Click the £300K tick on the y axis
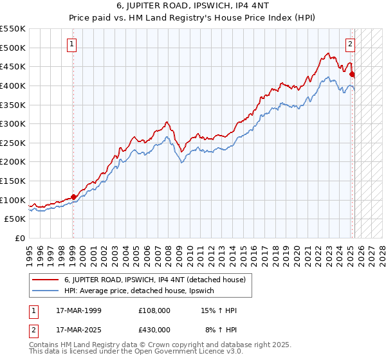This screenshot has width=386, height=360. (13, 123)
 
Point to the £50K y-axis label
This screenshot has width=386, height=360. (15, 219)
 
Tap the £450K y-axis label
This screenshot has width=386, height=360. (13, 66)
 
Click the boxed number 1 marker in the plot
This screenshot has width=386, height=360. (71, 44)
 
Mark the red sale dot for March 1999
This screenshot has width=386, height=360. (73, 197)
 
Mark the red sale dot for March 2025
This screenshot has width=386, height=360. (352, 75)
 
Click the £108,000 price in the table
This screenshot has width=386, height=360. (154, 310)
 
